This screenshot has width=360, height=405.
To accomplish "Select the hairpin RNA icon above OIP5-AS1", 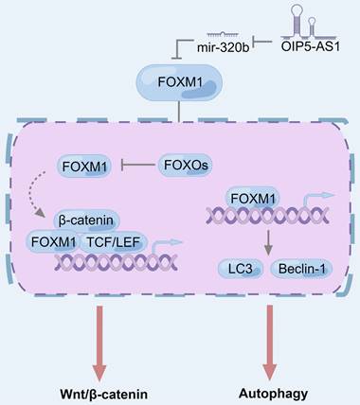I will pos(312,19).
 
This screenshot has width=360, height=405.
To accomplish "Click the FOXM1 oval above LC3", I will pos(256,199).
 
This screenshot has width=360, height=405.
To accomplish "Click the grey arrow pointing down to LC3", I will pos(255,241).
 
